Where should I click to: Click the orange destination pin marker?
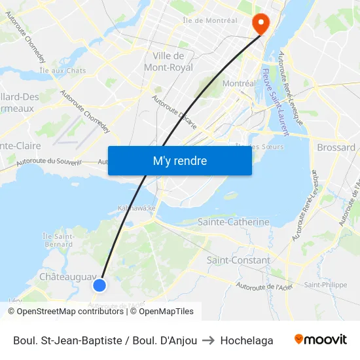pyautogui.click(x=261, y=24)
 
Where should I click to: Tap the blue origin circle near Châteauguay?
pyautogui.click(x=99, y=285)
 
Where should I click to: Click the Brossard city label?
pyautogui.click(x=336, y=147)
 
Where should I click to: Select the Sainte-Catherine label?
pyautogui.click(x=234, y=222)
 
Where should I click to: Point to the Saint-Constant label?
pyautogui.click(x=238, y=260)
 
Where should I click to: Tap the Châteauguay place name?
pyautogui.click(x=68, y=277)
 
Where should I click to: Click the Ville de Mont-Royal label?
pyautogui.click(x=168, y=61)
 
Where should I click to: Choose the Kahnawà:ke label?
pyautogui.click(x=137, y=208)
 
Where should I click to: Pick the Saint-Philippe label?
pyautogui.click(x=325, y=285)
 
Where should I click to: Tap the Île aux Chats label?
pyautogui.click(x=63, y=70)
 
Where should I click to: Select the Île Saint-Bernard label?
pyautogui.click(x=58, y=240)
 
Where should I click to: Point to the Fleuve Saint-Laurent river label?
pyautogui.click(x=275, y=101)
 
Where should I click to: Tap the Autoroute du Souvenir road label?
pyautogui.click(x=48, y=162)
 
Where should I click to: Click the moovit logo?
pyautogui.click(x=320, y=340)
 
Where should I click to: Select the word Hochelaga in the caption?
pyautogui.click(x=247, y=340)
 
